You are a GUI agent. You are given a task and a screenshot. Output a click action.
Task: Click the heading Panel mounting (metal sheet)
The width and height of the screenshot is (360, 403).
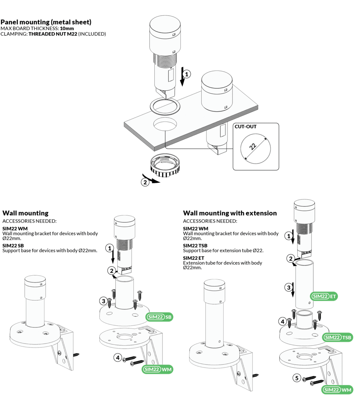46,22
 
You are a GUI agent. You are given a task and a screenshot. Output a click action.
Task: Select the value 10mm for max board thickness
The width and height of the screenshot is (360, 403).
67,29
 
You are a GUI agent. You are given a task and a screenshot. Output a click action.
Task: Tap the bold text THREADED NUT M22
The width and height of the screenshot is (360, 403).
53,34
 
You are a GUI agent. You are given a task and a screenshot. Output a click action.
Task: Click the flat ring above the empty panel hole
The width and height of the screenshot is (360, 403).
165,106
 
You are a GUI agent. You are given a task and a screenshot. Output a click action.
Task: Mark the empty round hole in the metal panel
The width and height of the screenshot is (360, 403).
165,124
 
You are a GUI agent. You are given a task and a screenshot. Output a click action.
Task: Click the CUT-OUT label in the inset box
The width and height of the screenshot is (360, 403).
245,127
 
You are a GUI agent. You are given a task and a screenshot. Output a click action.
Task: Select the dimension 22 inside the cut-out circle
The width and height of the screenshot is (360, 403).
253,146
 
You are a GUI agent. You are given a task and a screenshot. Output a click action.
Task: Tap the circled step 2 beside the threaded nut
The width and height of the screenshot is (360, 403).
145,182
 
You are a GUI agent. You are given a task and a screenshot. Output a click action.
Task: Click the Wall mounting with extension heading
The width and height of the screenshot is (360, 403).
230,213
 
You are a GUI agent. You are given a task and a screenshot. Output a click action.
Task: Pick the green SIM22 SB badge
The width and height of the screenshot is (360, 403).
160,317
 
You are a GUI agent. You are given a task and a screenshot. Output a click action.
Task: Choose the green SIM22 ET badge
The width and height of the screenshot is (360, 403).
324,296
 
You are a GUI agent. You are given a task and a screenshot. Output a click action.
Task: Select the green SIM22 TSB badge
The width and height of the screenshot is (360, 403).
337,337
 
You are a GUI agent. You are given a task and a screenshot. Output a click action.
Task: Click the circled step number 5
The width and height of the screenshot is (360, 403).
296,378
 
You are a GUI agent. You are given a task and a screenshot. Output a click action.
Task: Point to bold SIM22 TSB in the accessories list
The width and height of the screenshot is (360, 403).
195,245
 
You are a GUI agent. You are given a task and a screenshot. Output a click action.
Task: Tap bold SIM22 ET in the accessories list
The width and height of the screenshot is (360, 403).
194,258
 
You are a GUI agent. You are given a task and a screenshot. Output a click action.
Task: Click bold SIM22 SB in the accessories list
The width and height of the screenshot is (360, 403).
13,245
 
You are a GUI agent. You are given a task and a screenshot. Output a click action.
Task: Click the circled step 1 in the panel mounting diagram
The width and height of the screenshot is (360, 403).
187,74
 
